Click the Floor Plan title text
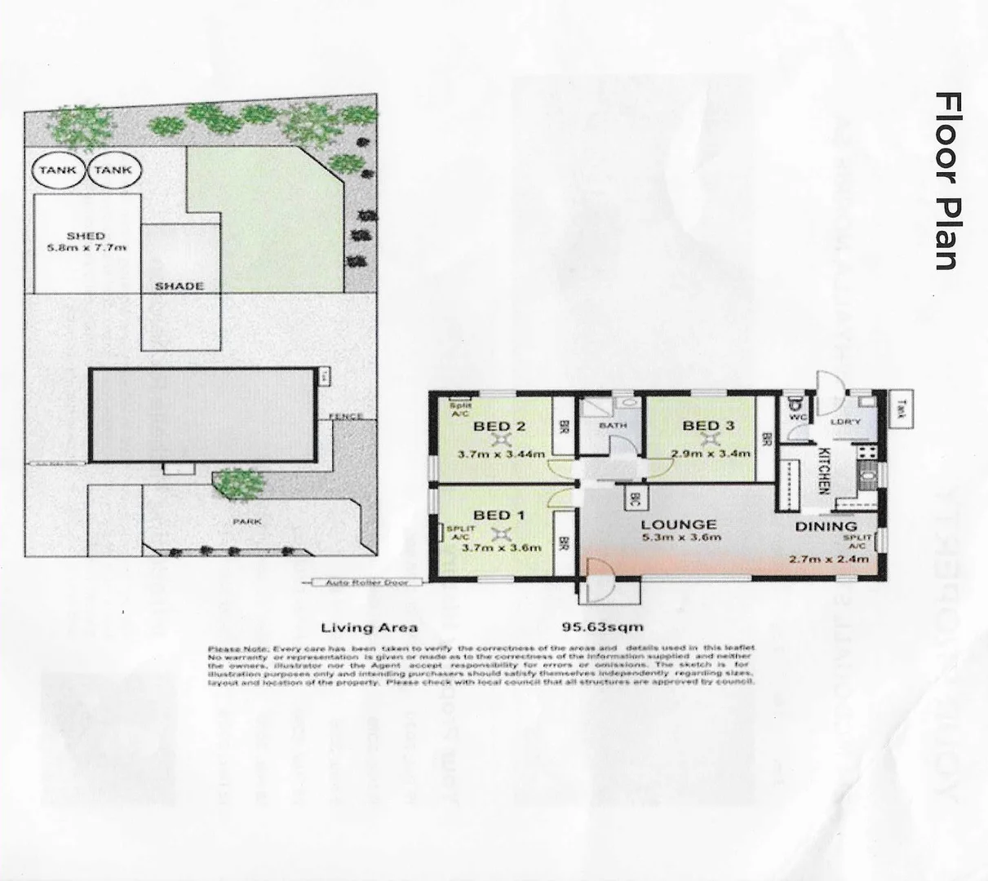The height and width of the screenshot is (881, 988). coord(947,180)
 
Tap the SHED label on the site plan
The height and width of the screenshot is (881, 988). coord(86,236)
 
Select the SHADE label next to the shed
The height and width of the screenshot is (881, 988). coord(179,286)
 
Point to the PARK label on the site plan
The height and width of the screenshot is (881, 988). coord(246,521)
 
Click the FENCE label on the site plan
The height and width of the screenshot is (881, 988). coord(344,417)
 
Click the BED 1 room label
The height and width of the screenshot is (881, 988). coord(499,515)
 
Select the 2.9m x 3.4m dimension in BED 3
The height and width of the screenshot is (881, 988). coord(707,454)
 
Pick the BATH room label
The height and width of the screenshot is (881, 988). coord(612,426)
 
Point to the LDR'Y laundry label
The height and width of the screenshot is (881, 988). coord(842,422)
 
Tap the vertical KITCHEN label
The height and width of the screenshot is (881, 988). coord(823,471)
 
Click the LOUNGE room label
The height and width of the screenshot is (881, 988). coord(678,525)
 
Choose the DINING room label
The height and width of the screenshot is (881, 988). coord(826,527)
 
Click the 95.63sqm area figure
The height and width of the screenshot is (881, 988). coord(603,627)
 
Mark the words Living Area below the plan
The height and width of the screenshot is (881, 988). coord(369,627)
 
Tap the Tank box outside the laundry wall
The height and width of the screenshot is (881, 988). coord(901,407)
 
